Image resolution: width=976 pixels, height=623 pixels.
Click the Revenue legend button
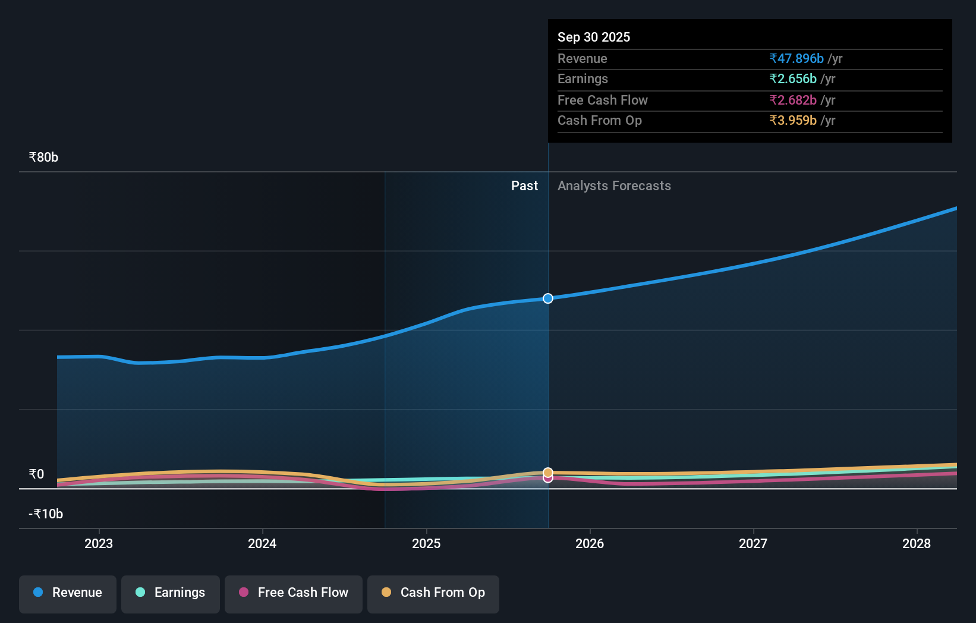pos(68,593)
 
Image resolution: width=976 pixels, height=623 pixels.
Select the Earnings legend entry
pos(171,593)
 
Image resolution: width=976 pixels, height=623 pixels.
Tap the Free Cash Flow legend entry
pos(294,593)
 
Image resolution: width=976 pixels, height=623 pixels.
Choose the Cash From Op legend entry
pos(433,593)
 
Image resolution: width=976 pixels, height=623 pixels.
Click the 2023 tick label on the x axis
pos(99,543)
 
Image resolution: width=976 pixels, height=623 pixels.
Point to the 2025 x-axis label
pos(426,543)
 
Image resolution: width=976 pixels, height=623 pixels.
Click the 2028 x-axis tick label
pos(916,543)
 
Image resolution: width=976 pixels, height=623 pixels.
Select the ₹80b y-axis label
pos(43,158)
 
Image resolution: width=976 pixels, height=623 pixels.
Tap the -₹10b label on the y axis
pos(46,514)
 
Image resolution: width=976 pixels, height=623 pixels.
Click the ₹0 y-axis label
pos(36,474)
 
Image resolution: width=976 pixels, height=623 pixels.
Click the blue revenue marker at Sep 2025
pos(548,298)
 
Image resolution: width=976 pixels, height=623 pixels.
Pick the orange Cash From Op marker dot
pos(548,472)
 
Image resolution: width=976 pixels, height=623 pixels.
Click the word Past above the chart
pos(524,186)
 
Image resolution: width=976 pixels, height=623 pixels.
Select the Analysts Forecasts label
pos(614,186)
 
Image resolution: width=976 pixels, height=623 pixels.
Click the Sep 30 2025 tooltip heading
pos(593,37)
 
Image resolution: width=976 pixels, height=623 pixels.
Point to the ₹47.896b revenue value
pos(796,58)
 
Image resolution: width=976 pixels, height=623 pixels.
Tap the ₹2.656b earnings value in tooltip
pos(792,79)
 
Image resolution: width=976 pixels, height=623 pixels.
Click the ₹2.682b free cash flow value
pos(792,100)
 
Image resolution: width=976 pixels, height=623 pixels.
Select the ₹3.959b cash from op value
pos(792,121)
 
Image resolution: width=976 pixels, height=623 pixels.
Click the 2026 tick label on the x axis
pos(590,543)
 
